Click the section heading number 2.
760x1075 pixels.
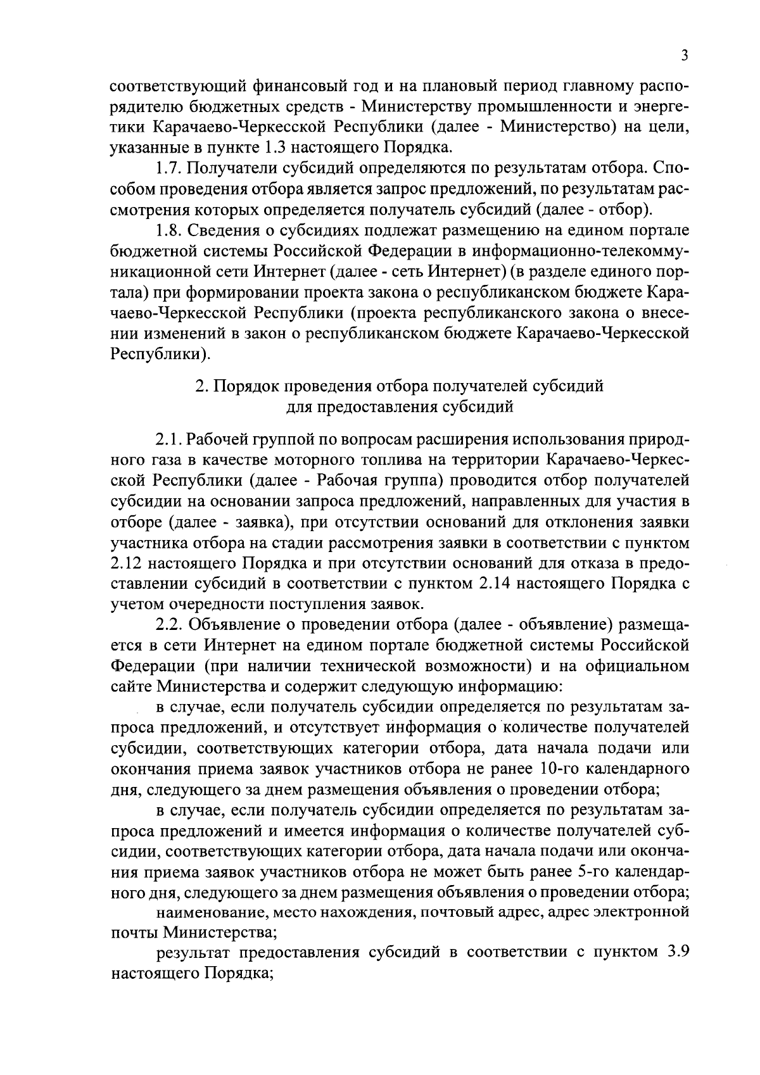point(199,386)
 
